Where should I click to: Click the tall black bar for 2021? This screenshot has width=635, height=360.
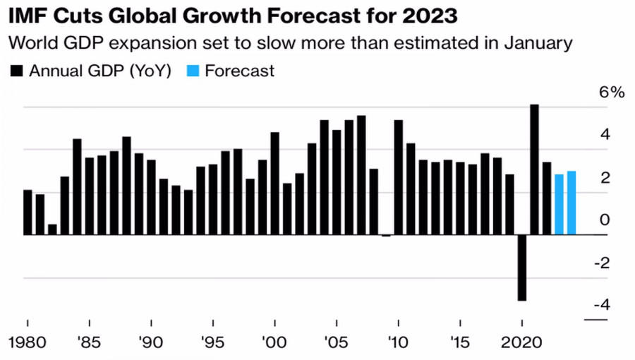coord(534,169)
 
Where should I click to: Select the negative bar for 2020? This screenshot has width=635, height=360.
coord(522,268)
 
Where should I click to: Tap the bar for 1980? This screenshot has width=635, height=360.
coord(28,212)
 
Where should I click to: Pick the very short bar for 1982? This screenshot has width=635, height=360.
coord(53,229)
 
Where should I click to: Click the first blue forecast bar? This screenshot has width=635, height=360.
coord(559,205)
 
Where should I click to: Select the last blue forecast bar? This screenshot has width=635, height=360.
coord(571,203)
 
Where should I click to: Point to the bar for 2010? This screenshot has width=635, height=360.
coord(399,177)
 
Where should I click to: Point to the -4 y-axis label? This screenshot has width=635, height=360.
coord(601,305)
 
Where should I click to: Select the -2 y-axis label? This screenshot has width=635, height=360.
coord(601,263)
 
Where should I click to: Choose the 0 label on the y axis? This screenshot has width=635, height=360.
coord(605,220)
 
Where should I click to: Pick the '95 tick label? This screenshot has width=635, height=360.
coord(213,344)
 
